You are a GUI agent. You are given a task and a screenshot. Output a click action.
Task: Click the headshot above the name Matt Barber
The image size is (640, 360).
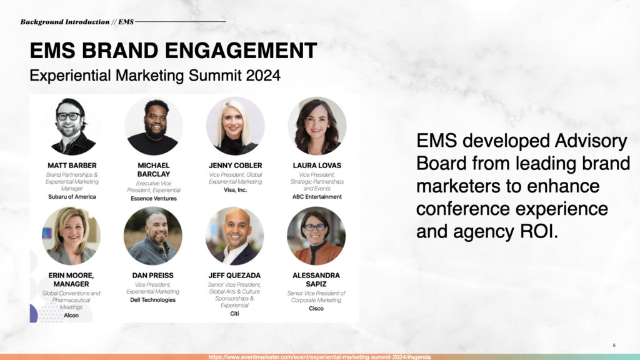pos(72,126)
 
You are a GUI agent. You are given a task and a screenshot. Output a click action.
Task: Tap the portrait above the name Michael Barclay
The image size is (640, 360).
pos(154,126)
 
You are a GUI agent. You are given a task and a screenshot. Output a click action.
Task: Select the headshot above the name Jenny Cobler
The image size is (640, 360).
pos(235,126)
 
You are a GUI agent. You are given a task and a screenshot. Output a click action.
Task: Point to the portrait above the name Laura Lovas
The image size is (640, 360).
pos(317,126)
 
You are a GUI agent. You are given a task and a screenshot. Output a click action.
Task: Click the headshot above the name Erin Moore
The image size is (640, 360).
pos(71,236)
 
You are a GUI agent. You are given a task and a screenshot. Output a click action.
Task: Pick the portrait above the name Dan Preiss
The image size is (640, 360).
pos(152,236)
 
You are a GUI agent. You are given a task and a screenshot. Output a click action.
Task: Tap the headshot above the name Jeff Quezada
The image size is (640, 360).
pos(234,236)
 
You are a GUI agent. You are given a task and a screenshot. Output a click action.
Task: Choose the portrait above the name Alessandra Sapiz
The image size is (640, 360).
pos(316,236)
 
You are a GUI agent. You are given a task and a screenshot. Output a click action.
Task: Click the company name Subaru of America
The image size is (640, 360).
pos(72,197)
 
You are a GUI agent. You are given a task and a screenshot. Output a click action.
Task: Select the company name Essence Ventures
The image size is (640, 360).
pos(154,198)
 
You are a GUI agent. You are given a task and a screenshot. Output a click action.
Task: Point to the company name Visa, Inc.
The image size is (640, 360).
pos(235,190)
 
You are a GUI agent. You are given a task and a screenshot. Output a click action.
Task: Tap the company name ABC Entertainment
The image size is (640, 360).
pos(317,197)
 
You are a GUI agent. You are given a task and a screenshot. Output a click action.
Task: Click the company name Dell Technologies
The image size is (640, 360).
pos(152,300)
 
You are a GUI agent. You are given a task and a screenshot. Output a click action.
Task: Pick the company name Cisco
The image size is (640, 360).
pos(316,309)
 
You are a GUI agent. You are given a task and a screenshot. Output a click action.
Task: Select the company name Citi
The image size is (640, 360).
pos(234,314)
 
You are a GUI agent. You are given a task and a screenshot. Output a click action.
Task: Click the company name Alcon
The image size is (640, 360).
pos(71,316)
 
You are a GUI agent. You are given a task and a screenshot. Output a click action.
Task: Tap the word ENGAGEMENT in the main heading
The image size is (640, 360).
pos(241,51)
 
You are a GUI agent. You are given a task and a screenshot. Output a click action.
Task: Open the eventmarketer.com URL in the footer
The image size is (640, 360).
pos(319,357)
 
